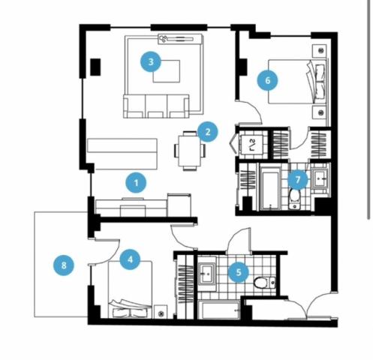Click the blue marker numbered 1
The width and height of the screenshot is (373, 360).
(x=136, y=183)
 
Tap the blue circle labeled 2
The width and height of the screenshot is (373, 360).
(x=207, y=132)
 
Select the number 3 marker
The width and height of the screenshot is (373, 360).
(x=151, y=61)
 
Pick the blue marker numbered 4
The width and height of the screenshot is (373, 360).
(x=130, y=259)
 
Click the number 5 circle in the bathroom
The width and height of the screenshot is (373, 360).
(x=239, y=272)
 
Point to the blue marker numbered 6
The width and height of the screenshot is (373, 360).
(x=268, y=80)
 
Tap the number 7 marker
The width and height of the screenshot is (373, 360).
(x=298, y=179)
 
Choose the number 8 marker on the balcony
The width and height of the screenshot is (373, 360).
(x=64, y=265)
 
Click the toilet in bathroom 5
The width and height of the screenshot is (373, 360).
(x=265, y=283)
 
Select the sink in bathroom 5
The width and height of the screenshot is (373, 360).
(x=207, y=274)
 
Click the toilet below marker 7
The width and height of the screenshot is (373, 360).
(x=294, y=199)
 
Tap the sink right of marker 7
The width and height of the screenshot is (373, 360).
(x=320, y=178)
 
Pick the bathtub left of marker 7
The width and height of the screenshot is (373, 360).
(x=269, y=188)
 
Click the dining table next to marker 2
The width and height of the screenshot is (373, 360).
(x=189, y=151)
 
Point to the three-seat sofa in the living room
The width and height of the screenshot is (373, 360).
(x=156, y=106)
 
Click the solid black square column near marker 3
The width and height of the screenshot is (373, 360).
(x=95, y=67)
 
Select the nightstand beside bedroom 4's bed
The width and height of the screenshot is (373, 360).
(x=161, y=312)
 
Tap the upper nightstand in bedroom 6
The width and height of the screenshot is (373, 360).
(x=320, y=51)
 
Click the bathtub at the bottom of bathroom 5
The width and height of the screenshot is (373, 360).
(x=219, y=310)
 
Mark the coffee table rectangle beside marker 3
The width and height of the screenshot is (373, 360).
(x=167, y=71)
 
